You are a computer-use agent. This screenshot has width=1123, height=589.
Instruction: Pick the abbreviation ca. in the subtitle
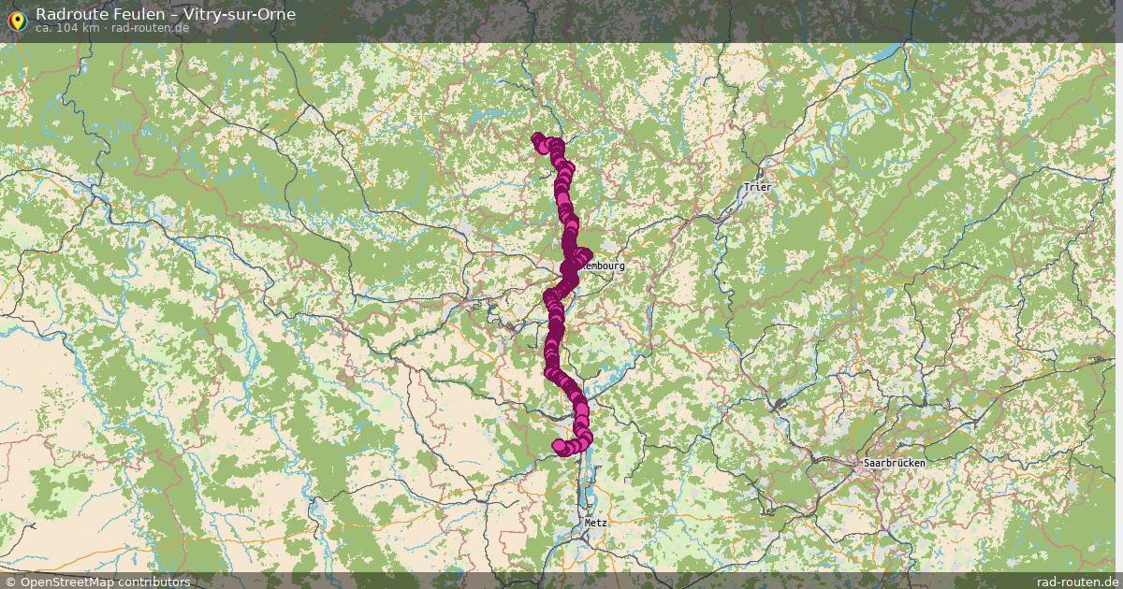point(45,27)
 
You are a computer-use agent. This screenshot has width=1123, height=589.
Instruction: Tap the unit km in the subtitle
point(89,27)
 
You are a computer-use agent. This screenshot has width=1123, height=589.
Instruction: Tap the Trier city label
point(757,187)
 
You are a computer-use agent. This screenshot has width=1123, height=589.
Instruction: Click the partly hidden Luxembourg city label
point(604,266)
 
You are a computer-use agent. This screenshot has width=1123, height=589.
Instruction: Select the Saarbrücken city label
point(894,463)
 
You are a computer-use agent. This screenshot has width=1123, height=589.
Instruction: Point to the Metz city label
point(595,523)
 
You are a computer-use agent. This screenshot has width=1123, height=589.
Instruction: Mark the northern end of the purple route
point(538,140)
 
